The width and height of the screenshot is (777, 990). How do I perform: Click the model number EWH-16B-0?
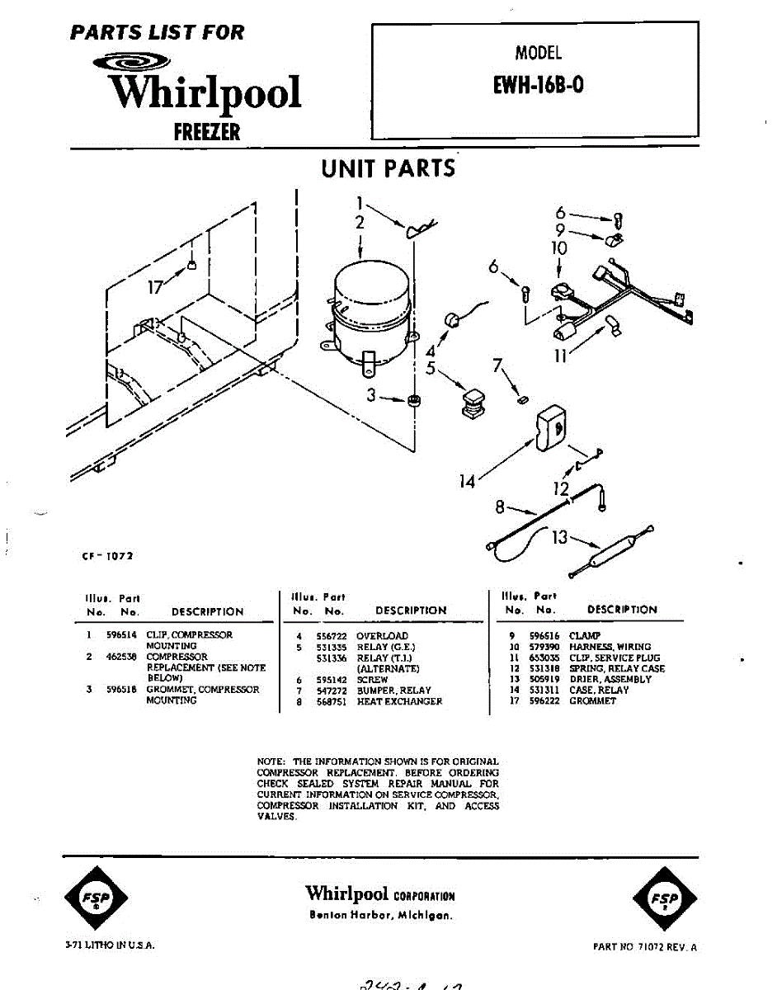538,86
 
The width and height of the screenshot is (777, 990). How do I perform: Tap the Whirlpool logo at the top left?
205,92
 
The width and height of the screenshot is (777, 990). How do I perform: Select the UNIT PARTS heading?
388,168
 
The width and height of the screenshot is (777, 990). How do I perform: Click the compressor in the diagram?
369,309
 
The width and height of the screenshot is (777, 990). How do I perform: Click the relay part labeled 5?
473,403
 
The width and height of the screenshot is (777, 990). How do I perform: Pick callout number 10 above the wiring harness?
558,247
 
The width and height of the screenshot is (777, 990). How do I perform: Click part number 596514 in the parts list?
121,635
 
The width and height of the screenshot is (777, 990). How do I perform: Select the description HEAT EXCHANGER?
399,701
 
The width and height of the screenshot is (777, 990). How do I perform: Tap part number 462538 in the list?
121,658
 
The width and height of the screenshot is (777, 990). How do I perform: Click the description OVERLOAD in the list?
382,636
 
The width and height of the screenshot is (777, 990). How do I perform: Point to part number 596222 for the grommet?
544,701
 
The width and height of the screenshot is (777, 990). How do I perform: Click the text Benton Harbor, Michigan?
380,915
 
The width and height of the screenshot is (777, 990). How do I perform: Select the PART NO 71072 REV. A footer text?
644,947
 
